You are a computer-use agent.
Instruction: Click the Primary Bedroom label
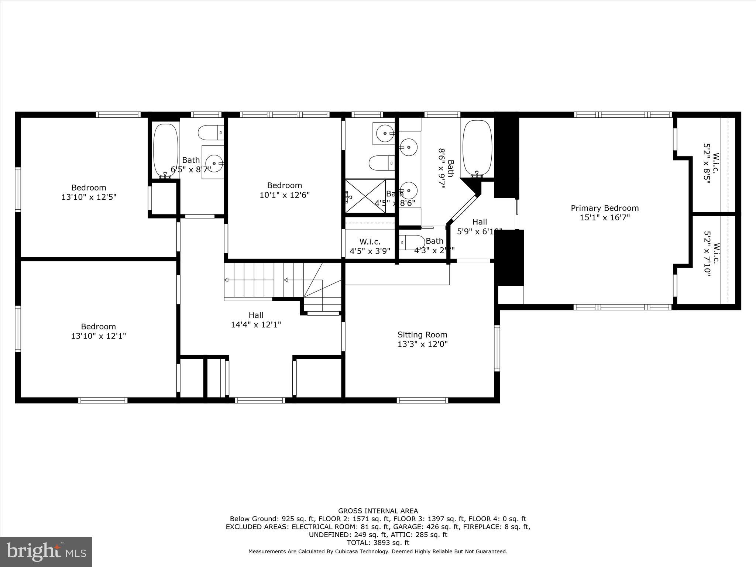pos(605,208)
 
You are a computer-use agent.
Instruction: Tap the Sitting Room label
pos(422,335)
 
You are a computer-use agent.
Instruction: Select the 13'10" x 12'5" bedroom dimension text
pos(89,197)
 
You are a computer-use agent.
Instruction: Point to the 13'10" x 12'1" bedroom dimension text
pos(99,336)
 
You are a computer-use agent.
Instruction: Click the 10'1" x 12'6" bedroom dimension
pos(284,195)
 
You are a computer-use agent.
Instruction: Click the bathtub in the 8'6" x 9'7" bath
pos(477,148)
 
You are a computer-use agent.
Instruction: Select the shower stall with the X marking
pos(365,196)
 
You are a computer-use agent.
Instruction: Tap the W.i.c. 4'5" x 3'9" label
pos(370,247)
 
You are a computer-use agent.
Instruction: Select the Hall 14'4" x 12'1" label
pos(256,320)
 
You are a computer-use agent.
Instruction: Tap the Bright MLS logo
pos(46,551)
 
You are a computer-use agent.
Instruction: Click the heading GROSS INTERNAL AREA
pos(378,511)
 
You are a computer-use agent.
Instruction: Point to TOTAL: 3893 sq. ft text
pos(378,543)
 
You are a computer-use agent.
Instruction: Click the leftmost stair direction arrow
pos(226,280)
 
